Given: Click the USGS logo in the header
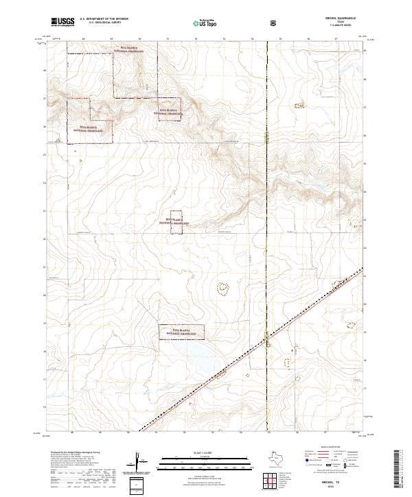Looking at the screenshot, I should coord(64,23).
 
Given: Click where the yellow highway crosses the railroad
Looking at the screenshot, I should coord(266,337).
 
